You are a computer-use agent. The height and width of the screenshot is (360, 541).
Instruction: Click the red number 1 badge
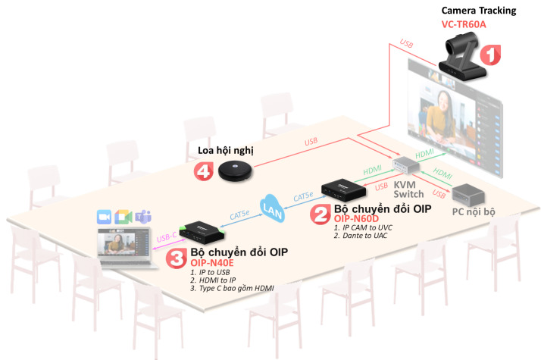pos(492,55)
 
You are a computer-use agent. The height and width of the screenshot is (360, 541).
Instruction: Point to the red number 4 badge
pos(202,172)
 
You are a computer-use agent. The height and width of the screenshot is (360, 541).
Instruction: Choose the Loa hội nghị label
pos(220,151)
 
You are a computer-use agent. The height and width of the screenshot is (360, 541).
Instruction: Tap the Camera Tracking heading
pos(479,10)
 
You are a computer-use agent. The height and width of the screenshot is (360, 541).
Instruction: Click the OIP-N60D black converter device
pos(345,188)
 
